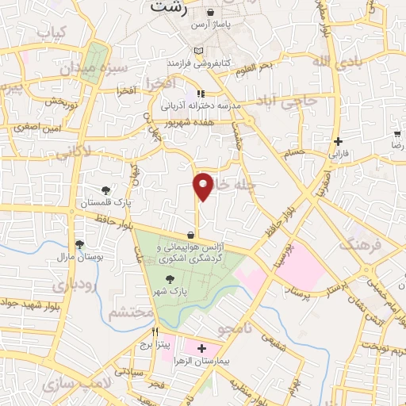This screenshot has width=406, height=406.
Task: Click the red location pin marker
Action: [x=204, y=186]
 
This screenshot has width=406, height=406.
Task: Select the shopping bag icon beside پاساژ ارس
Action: [x=210, y=13]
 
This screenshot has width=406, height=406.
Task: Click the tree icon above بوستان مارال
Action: [x=79, y=245]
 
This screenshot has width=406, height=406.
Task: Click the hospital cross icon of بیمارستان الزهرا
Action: [x=201, y=349]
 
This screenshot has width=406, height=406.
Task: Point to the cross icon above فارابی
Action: [x=339, y=140]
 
